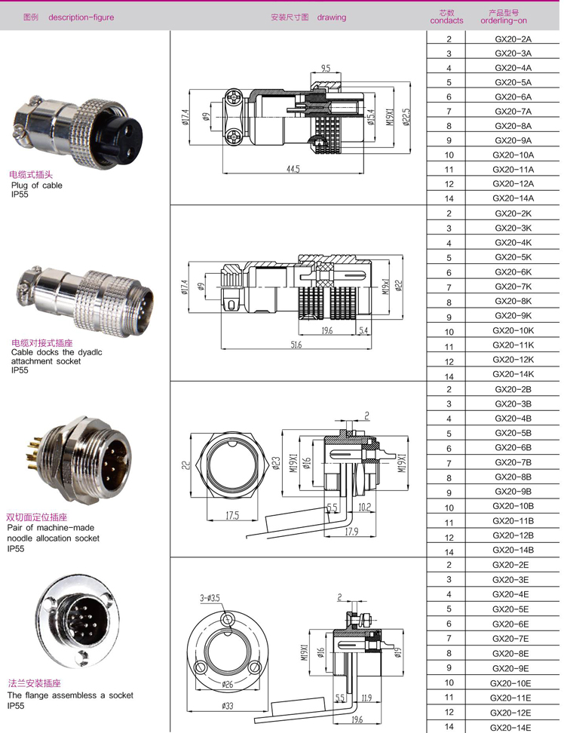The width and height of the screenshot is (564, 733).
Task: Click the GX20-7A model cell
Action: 513,112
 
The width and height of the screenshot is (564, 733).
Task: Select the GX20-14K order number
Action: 513,375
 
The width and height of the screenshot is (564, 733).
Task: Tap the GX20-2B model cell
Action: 513,389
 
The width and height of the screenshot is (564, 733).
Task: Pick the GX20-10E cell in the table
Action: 513,683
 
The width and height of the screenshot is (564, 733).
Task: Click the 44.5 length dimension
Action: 293,170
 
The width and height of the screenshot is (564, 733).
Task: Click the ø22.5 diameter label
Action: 406,117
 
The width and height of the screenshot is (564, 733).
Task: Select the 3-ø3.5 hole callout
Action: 210,597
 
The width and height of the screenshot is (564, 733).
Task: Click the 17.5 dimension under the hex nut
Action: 231,517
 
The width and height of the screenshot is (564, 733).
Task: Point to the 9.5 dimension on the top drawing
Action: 325,69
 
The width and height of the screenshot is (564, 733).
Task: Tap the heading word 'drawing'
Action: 332,17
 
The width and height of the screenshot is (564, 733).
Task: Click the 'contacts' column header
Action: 446,21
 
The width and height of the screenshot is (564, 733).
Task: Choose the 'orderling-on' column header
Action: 504,21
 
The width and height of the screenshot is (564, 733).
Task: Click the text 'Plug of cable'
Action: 37,185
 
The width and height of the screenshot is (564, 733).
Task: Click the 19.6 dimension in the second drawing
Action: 326,330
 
